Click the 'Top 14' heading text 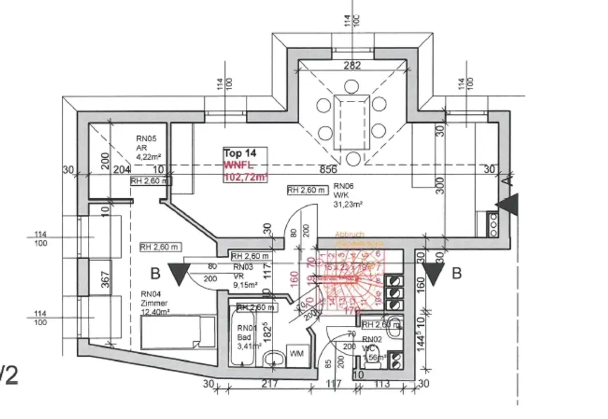(237, 153)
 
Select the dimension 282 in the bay (352, 66)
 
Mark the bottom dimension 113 (382, 385)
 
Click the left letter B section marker (156, 274)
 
